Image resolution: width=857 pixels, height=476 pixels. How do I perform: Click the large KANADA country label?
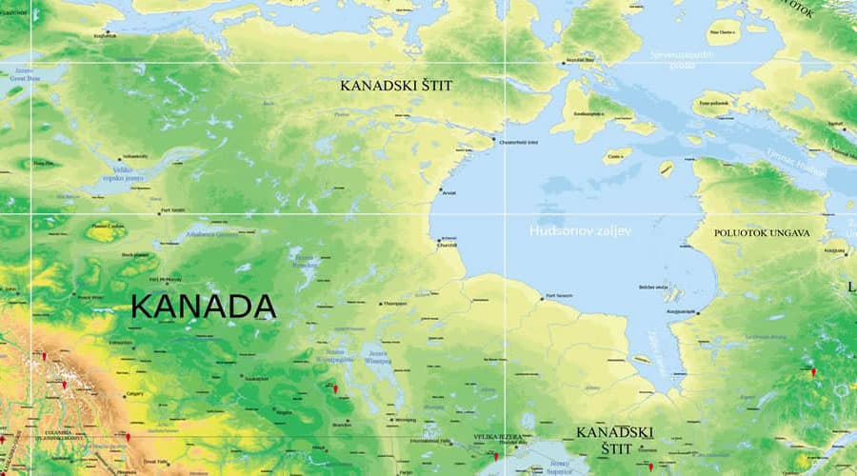(x=203, y=307)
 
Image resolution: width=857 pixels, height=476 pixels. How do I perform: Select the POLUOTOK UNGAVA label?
(x=762, y=232)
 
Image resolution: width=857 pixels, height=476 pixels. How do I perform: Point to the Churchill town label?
(x=447, y=245)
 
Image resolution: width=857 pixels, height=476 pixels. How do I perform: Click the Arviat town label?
(x=448, y=193)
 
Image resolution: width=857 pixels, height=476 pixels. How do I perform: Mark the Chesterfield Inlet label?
(x=519, y=142)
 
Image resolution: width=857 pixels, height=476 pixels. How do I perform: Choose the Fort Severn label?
(x=558, y=296)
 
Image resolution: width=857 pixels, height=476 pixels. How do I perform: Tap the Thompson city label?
(x=394, y=304)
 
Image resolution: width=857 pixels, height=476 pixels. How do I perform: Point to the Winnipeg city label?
(x=405, y=419)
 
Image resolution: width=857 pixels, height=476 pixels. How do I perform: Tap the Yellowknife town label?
(x=134, y=156)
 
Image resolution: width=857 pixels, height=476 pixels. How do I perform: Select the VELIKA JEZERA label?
(x=498, y=438)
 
